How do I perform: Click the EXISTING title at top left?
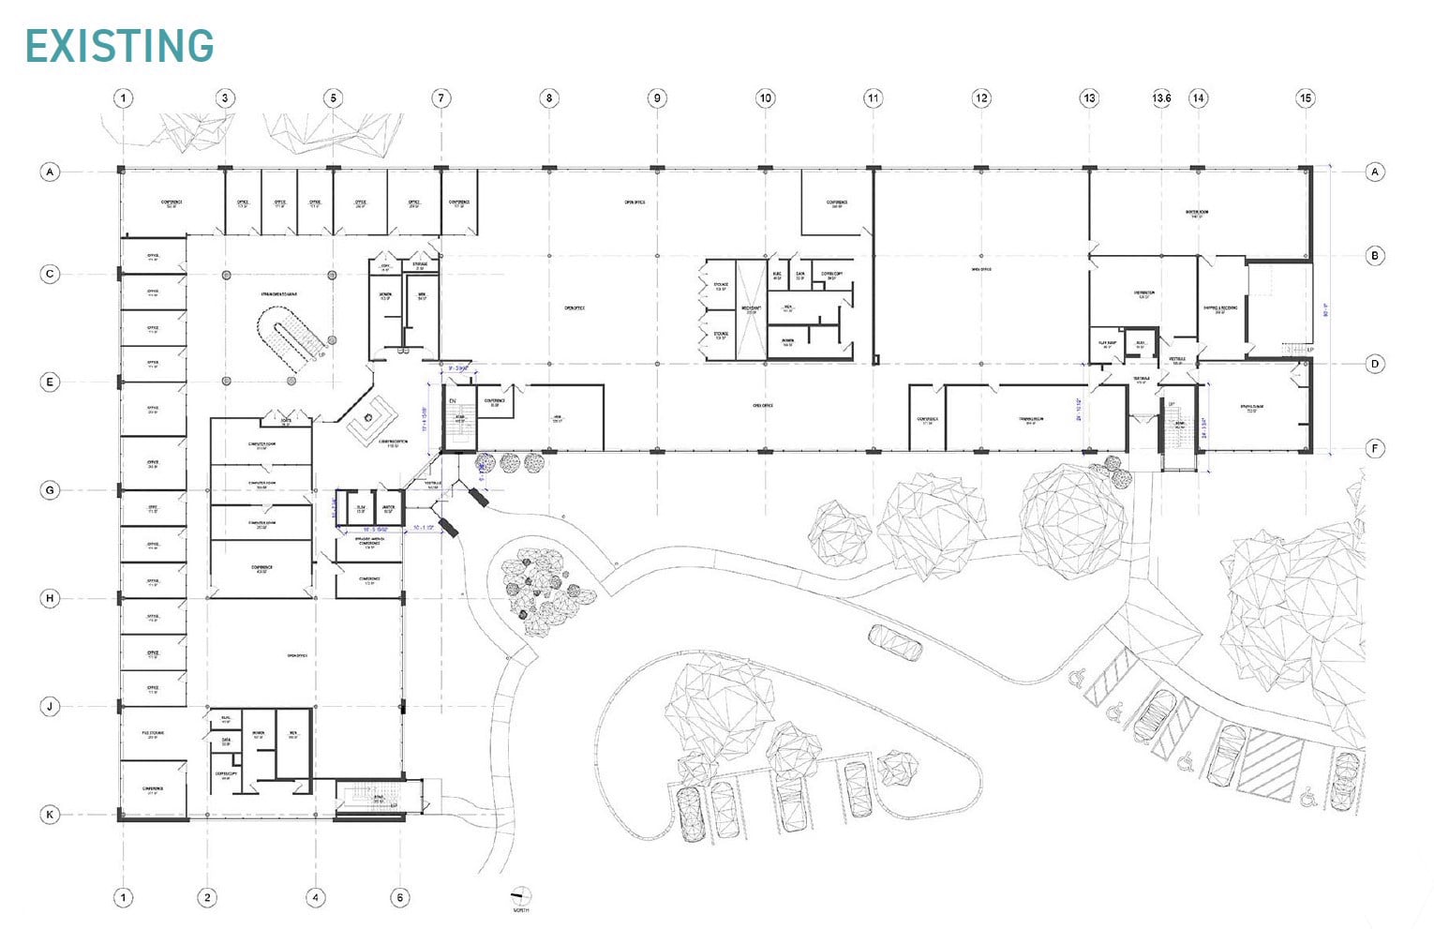click(x=119, y=46)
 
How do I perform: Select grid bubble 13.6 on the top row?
click(x=1161, y=97)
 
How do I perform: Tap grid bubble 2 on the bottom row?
click(x=207, y=897)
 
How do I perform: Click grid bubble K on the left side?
click(x=50, y=815)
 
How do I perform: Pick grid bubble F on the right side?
click(x=1375, y=448)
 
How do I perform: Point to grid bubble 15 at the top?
click(x=1306, y=97)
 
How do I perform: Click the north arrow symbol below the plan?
click(x=520, y=895)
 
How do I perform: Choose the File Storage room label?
click(x=152, y=734)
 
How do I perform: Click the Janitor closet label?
click(x=388, y=508)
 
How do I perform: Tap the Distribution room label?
click(x=1143, y=293)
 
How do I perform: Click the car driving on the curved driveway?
click(x=895, y=642)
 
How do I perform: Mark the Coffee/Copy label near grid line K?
click(x=225, y=775)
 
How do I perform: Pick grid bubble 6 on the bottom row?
click(x=400, y=897)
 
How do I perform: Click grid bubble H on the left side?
click(x=50, y=598)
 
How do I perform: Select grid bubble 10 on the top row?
click(x=766, y=97)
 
